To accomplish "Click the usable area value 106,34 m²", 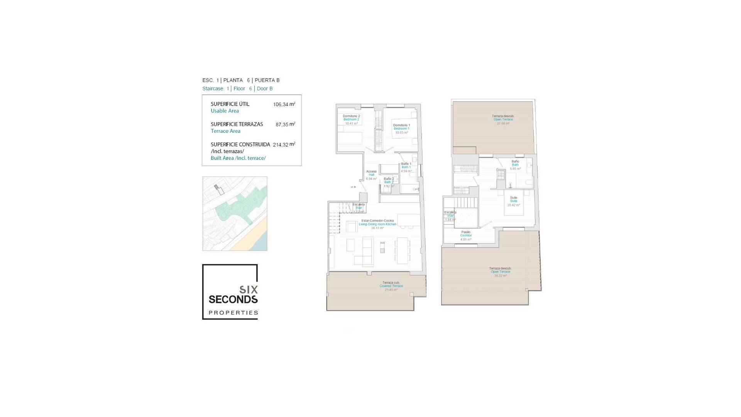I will click(x=284, y=104).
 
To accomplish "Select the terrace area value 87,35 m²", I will click(x=285, y=125).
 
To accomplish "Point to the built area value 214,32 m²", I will click(x=284, y=145).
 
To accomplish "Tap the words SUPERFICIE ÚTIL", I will click(x=230, y=104).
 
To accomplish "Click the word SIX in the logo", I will click(x=249, y=290).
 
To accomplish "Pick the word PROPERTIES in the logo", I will click(x=233, y=313).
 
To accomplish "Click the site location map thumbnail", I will click(x=235, y=214).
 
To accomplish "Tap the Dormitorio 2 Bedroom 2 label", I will click(x=351, y=119).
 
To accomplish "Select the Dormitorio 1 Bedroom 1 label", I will click(x=401, y=129).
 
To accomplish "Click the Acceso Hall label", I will click(x=371, y=175).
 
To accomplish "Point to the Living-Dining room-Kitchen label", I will click(x=377, y=224).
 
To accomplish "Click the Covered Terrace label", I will click(x=391, y=286).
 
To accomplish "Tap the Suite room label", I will click(x=514, y=201).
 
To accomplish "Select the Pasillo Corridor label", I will click(x=466, y=236).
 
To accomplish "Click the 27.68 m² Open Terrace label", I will click(x=503, y=119).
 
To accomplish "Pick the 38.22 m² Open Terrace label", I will click(x=500, y=272).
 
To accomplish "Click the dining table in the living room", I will click(x=403, y=250).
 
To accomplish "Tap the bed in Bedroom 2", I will click(x=350, y=138).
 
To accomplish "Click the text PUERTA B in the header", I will click(x=267, y=80).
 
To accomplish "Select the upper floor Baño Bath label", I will click(x=515, y=165).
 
